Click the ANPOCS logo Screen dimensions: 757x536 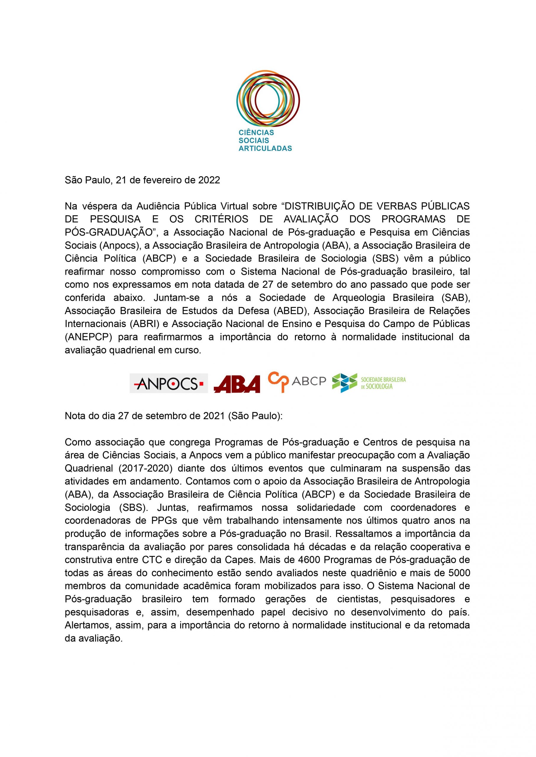(168, 383)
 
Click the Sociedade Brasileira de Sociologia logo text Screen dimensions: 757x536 (383, 383)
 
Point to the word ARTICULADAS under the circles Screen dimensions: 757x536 (265, 148)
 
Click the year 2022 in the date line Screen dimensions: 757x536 (209, 180)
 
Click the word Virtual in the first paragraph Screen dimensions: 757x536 (234, 206)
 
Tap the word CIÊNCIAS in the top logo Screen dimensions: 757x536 (256, 132)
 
